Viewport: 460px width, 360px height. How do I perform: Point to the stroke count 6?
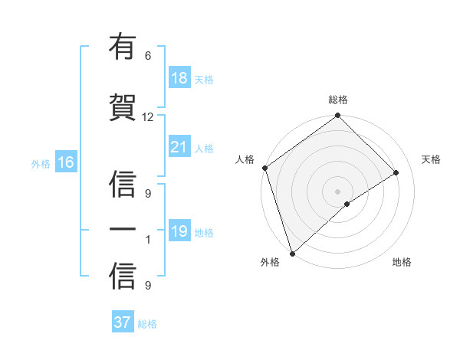148,55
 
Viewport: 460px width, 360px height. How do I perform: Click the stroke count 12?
148,116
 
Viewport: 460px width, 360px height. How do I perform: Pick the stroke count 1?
149,240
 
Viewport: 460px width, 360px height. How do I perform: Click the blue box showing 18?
179,78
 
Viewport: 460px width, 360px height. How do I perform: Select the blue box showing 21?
179,147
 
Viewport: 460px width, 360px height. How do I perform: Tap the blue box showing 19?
179,231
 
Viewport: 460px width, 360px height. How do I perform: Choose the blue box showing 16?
65,162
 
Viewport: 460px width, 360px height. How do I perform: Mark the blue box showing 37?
122,322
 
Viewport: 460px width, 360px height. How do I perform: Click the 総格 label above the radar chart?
338,100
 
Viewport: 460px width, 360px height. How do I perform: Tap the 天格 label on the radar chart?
432,159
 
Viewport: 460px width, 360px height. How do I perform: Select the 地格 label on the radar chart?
402,262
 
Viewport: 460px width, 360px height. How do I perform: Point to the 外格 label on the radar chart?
270,262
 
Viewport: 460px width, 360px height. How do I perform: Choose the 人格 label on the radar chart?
245,159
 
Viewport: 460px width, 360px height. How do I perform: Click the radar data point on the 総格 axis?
337,116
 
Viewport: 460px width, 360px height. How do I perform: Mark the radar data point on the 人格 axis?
264,168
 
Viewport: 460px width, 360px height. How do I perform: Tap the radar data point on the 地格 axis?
347,204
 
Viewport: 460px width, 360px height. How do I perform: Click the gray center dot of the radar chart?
337,191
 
